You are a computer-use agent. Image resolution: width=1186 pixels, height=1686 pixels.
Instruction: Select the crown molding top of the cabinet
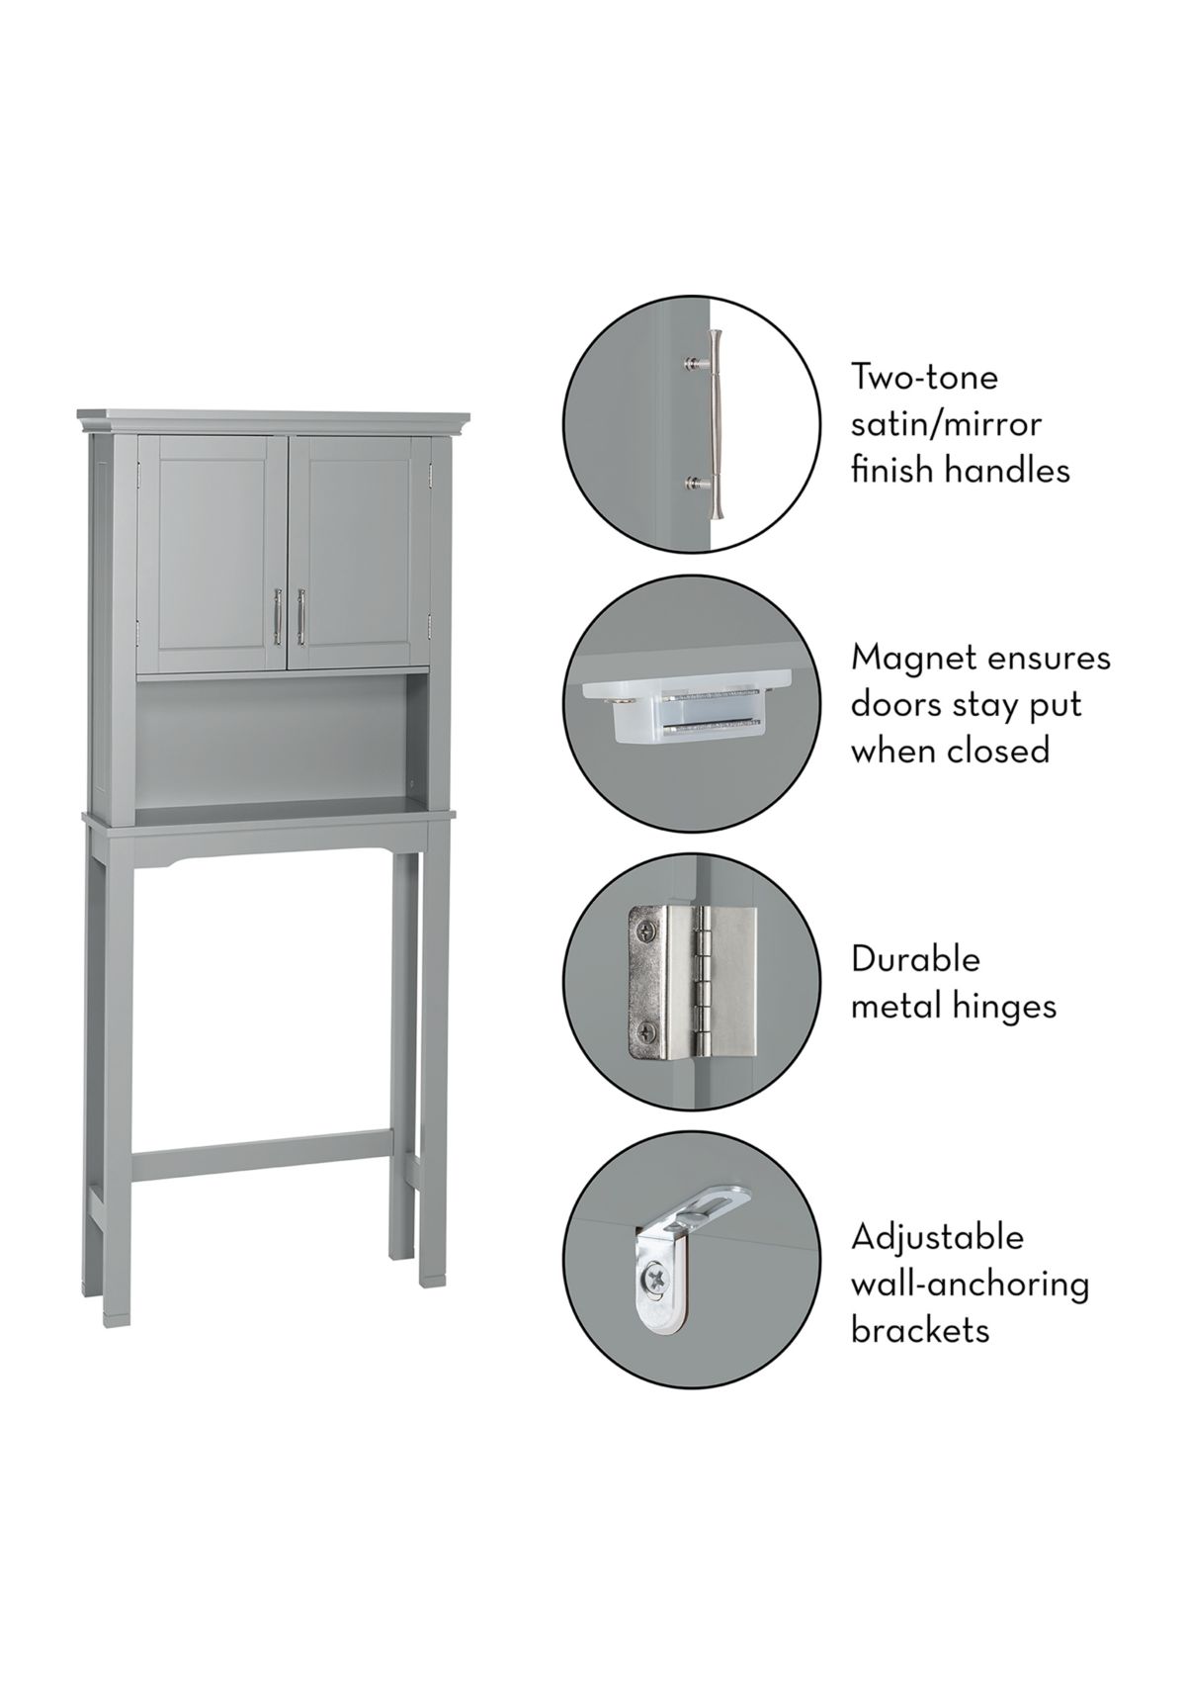tap(274, 422)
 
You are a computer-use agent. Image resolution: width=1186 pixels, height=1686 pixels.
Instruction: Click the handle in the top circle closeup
tap(713, 423)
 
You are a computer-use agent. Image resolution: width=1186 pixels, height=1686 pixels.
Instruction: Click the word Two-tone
tap(923, 377)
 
